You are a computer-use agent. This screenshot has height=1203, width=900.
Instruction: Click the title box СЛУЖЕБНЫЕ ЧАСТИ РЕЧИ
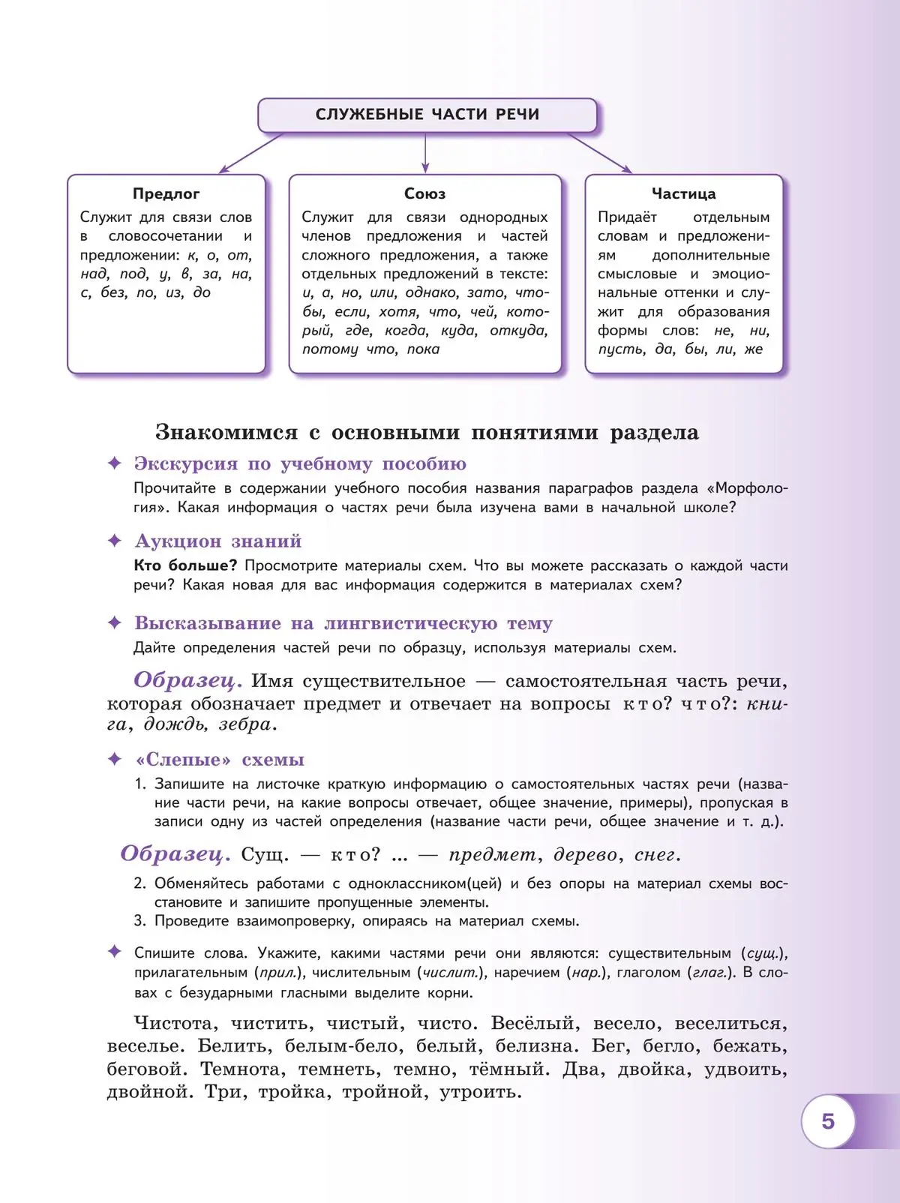click(427, 115)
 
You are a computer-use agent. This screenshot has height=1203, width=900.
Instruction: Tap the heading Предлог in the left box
click(166, 193)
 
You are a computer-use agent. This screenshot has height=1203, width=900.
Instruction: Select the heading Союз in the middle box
click(424, 193)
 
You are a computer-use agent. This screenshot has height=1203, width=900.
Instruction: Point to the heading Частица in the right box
click(683, 193)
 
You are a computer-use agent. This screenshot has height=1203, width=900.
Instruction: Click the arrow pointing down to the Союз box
click(425, 154)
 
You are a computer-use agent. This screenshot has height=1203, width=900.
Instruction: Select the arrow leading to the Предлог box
click(250, 154)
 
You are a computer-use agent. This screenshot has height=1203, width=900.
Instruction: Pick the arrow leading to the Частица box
click(600, 154)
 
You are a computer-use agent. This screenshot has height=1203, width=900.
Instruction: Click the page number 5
click(827, 1121)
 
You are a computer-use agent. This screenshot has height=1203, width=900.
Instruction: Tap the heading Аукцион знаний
click(218, 541)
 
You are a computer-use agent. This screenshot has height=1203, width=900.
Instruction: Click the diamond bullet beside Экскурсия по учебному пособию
click(115, 463)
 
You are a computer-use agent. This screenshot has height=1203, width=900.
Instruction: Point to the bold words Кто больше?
click(185, 565)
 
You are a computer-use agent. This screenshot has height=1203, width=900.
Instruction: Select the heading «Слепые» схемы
click(220, 760)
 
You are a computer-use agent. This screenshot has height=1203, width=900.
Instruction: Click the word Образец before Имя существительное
click(187, 680)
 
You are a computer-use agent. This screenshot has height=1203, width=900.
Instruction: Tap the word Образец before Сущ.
click(175, 853)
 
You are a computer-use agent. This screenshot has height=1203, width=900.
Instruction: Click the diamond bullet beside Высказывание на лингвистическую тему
click(115, 622)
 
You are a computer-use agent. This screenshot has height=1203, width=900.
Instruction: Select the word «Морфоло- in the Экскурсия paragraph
click(751, 488)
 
